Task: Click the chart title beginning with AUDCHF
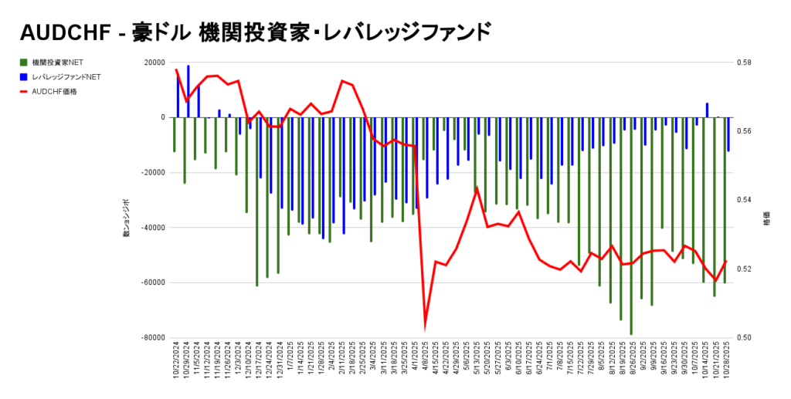point(255,32)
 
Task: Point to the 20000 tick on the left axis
point(154,63)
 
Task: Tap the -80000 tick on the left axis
point(153,338)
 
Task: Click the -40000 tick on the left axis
point(153,228)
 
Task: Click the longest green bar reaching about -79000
point(630,232)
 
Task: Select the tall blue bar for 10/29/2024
point(188,91)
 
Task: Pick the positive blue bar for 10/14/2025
point(707,110)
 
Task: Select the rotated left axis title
point(126,218)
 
